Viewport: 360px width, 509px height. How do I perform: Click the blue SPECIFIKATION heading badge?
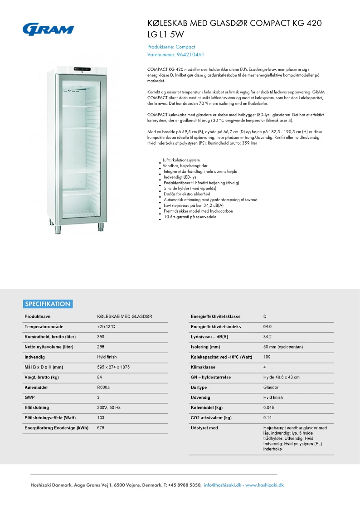(x=48, y=304)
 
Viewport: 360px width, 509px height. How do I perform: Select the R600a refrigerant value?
(x=103, y=388)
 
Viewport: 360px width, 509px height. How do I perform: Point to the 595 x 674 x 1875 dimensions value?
(x=113, y=367)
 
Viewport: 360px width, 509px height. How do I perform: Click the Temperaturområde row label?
(x=44, y=326)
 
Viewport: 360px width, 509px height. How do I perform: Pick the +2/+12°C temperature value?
(x=106, y=326)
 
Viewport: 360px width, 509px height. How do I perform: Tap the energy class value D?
(x=265, y=316)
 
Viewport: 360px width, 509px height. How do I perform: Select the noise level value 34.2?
(x=268, y=337)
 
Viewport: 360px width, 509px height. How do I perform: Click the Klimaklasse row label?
(x=203, y=367)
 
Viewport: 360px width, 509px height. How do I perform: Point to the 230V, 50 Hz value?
(x=109, y=407)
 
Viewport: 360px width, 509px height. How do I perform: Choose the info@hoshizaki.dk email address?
(x=223, y=485)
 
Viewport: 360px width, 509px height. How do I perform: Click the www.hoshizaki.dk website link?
(x=264, y=485)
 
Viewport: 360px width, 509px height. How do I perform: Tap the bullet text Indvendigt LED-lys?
(x=180, y=177)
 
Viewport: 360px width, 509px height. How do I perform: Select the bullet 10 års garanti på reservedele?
(x=190, y=217)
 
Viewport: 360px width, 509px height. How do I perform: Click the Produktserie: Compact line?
(x=171, y=47)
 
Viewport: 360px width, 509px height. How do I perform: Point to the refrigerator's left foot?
(x=58, y=229)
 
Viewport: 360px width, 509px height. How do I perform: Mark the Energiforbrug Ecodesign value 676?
(x=101, y=428)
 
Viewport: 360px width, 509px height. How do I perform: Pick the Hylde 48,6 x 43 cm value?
(x=281, y=377)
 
